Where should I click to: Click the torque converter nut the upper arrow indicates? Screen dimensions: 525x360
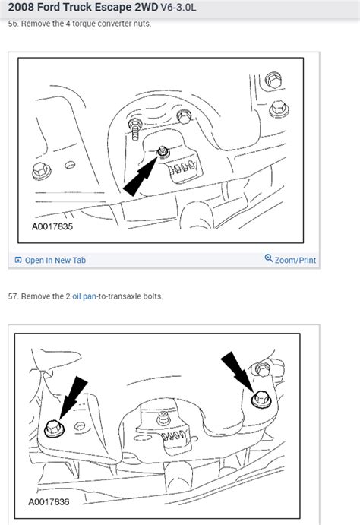(163, 152)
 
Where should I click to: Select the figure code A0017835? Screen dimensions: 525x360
(52, 226)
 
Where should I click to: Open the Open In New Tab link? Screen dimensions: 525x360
(55, 260)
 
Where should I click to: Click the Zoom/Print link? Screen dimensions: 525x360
(295, 260)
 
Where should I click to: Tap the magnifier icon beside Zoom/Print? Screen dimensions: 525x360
(268, 259)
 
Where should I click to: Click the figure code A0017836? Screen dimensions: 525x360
(52, 502)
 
